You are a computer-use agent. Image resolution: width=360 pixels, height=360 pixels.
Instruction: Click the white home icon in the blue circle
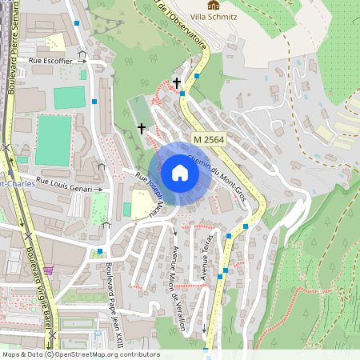click(x=179, y=173)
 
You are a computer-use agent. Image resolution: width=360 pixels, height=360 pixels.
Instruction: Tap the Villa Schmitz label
click(x=212, y=17)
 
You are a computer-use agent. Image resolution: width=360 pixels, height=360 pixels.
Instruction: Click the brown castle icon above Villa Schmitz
click(x=212, y=6)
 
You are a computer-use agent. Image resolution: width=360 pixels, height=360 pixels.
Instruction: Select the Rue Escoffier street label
click(x=50, y=60)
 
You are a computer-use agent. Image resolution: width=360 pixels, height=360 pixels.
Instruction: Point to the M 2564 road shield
click(x=207, y=138)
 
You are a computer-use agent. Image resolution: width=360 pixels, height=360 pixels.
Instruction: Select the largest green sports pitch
click(x=53, y=140)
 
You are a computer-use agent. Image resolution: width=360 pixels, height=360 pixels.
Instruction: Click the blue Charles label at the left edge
click(x=16, y=182)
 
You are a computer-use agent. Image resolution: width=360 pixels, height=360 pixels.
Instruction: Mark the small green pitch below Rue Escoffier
click(x=69, y=98)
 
